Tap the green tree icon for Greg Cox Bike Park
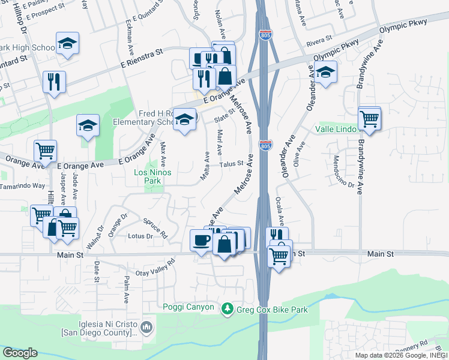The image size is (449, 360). tap(227, 309)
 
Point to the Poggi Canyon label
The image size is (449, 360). tap(188, 307)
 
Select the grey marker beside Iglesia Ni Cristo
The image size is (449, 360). tap(148, 328)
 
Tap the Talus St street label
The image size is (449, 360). tap(231, 164)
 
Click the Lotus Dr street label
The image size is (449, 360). tap(140, 236)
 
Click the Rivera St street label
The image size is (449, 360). tap(319, 42)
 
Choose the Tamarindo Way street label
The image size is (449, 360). tap(23, 186)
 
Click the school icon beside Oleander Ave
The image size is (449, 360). tap(325, 72)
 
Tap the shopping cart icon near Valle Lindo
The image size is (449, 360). tap(369, 118)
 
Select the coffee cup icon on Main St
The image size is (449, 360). tap(200, 240)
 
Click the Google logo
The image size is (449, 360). tap(20, 353)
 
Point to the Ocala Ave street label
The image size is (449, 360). tap(279, 209)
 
